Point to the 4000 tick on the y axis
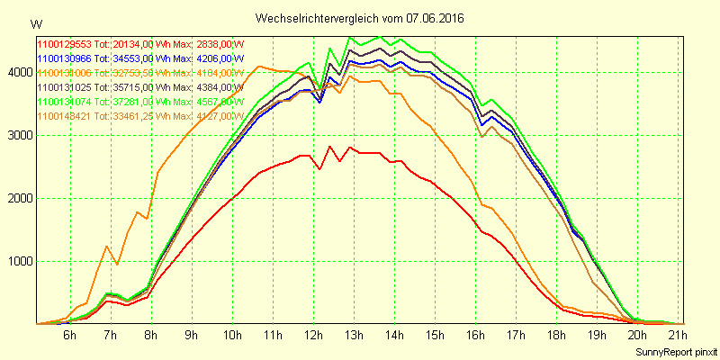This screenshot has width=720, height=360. [x=19, y=72]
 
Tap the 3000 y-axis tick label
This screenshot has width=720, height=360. [x=19, y=135]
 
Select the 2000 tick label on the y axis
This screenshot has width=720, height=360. [x=19, y=198]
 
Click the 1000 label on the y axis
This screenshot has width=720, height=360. [x=19, y=261]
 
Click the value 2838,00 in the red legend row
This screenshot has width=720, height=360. [x=212, y=43]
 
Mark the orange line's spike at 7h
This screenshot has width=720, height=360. [x=107, y=246]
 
